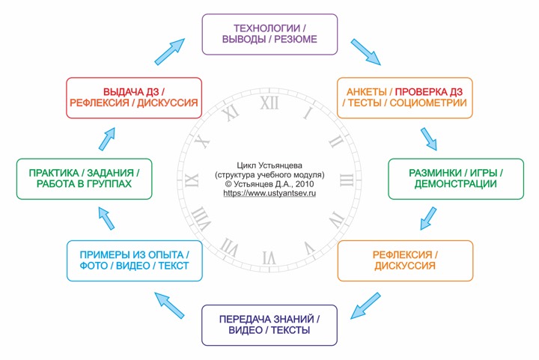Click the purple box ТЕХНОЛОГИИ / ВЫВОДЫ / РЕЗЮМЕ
(269, 34)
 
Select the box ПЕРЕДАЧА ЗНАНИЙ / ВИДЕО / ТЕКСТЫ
(269, 325)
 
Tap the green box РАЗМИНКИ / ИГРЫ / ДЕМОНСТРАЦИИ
(456, 179)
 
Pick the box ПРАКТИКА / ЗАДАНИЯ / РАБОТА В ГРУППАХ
(84, 179)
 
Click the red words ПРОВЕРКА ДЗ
(429, 92)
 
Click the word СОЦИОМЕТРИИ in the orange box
(428, 103)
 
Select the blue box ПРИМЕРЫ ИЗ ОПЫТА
(135, 260)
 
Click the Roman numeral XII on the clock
(269, 103)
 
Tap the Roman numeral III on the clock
(347, 180)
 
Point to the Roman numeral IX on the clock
(192, 180)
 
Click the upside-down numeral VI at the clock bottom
(269, 257)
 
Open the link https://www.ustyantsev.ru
(269, 193)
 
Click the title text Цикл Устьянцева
(269, 165)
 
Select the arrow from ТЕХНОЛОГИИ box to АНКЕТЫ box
(366, 52)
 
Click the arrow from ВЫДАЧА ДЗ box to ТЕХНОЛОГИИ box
(170, 52)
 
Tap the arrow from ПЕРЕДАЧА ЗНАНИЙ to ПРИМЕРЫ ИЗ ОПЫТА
(169, 305)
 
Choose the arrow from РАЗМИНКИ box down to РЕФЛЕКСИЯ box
(428, 219)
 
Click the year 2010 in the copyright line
(305, 184)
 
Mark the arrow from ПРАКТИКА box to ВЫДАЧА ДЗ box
(107, 139)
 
